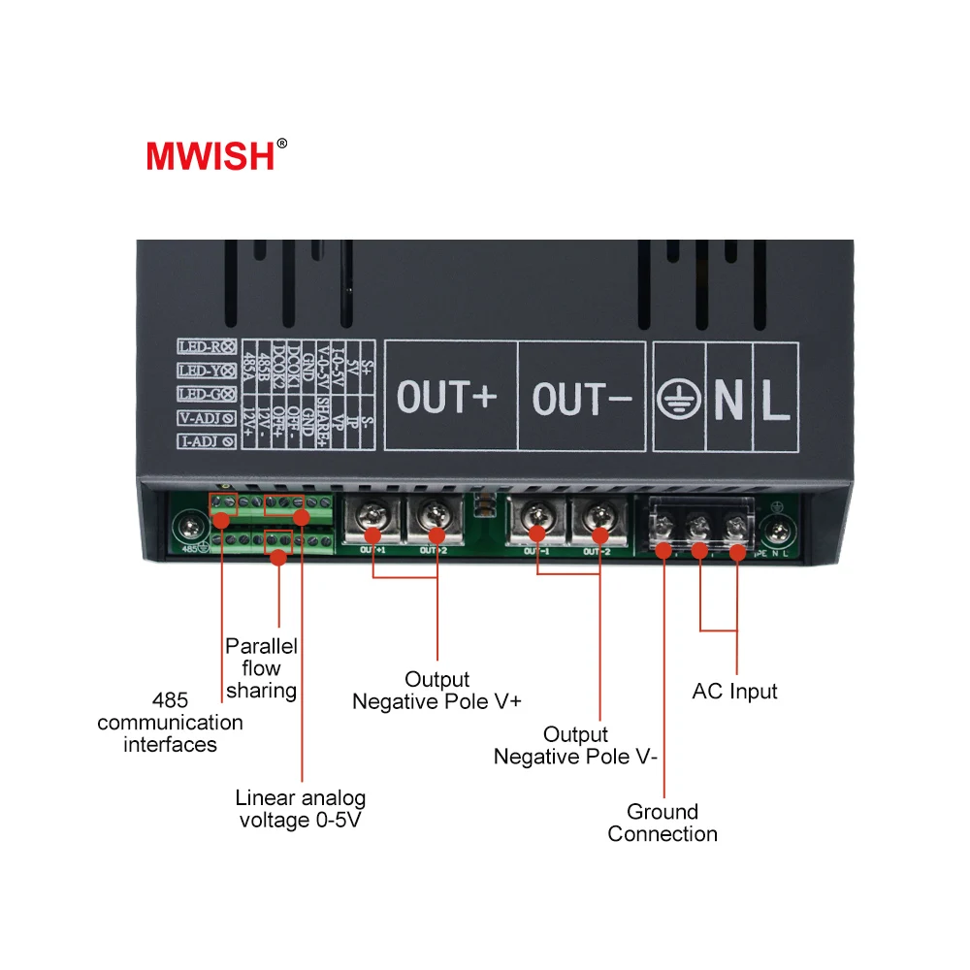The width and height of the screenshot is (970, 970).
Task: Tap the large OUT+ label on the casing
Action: (x=447, y=398)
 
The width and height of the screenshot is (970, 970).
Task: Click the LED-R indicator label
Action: (x=207, y=346)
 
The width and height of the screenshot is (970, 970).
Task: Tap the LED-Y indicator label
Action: (x=207, y=371)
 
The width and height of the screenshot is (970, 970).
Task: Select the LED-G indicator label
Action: (x=207, y=394)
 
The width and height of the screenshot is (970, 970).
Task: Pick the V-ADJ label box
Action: (x=207, y=418)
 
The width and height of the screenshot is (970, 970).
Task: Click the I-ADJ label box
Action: (x=207, y=441)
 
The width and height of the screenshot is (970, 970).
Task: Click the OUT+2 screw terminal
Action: (x=434, y=523)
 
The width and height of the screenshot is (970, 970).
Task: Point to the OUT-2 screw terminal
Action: (x=598, y=523)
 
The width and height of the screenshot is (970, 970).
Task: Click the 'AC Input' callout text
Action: (x=734, y=692)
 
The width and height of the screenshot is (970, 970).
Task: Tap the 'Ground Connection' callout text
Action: (x=663, y=823)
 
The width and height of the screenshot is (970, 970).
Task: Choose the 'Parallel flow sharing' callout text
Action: (x=261, y=668)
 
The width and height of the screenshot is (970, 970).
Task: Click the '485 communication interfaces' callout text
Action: (x=170, y=723)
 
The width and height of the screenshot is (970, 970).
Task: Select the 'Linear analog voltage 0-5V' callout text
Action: (x=301, y=809)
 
